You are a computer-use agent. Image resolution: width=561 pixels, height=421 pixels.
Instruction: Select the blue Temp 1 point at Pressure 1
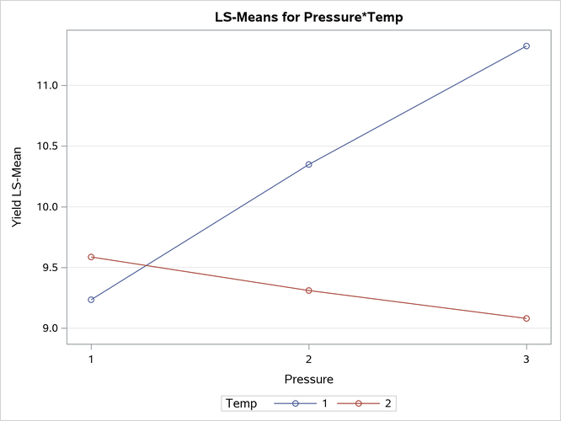click(x=91, y=300)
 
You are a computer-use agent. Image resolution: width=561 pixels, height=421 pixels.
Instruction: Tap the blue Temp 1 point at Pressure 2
click(x=308, y=164)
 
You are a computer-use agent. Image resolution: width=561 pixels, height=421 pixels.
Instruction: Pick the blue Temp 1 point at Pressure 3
click(x=526, y=45)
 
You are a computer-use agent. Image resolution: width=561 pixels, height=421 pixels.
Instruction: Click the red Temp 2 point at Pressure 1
click(x=91, y=257)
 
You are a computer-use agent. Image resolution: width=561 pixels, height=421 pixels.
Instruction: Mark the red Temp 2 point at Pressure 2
click(x=308, y=290)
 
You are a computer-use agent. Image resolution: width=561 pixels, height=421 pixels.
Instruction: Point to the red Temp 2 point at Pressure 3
click(x=526, y=318)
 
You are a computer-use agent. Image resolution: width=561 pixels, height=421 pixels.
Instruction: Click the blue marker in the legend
click(x=296, y=404)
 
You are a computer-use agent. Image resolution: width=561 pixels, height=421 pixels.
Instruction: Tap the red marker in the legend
click(x=359, y=404)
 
